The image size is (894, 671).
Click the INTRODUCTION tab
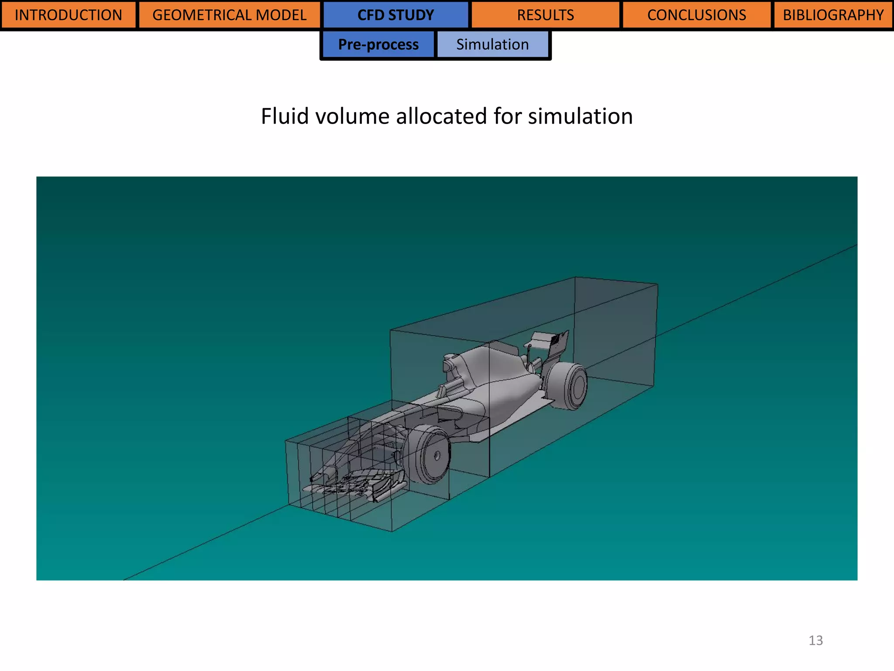[68, 15]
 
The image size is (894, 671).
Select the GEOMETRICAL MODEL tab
[229, 15]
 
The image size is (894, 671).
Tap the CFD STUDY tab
[395, 15]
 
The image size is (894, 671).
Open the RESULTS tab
[545, 15]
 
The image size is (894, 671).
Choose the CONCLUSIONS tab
[696, 15]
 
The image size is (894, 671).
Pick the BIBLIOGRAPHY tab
[833, 15]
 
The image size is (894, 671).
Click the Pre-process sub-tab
[378, 45]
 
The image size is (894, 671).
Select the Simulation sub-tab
[492, 45]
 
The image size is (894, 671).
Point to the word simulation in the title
[580, 117]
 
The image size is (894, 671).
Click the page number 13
[815, 640]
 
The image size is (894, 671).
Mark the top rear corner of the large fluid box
[657, 284]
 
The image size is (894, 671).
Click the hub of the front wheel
[437, 456]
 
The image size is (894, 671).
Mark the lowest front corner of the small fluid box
[392, 532]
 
